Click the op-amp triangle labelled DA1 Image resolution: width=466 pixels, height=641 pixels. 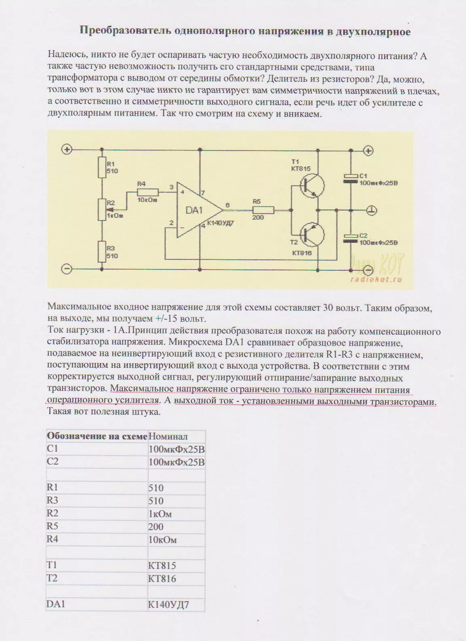click(196, 210)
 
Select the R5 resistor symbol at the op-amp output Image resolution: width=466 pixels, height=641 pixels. click(263, 210)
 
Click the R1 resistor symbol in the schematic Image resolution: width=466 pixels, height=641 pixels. click(102, 168)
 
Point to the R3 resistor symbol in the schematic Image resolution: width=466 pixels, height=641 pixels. click(102, 252)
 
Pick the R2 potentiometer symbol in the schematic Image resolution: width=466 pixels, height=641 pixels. click(102, 210)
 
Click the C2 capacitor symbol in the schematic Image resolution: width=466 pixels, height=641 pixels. click(350, 238)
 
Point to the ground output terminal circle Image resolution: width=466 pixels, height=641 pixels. click(372, 210)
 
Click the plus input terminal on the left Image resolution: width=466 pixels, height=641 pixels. click(67, 150)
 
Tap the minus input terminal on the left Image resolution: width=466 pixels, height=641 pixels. click(67, 269)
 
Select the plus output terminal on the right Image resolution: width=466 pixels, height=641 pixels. click(368, 151)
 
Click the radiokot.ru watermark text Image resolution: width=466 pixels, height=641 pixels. click(376, 280)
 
